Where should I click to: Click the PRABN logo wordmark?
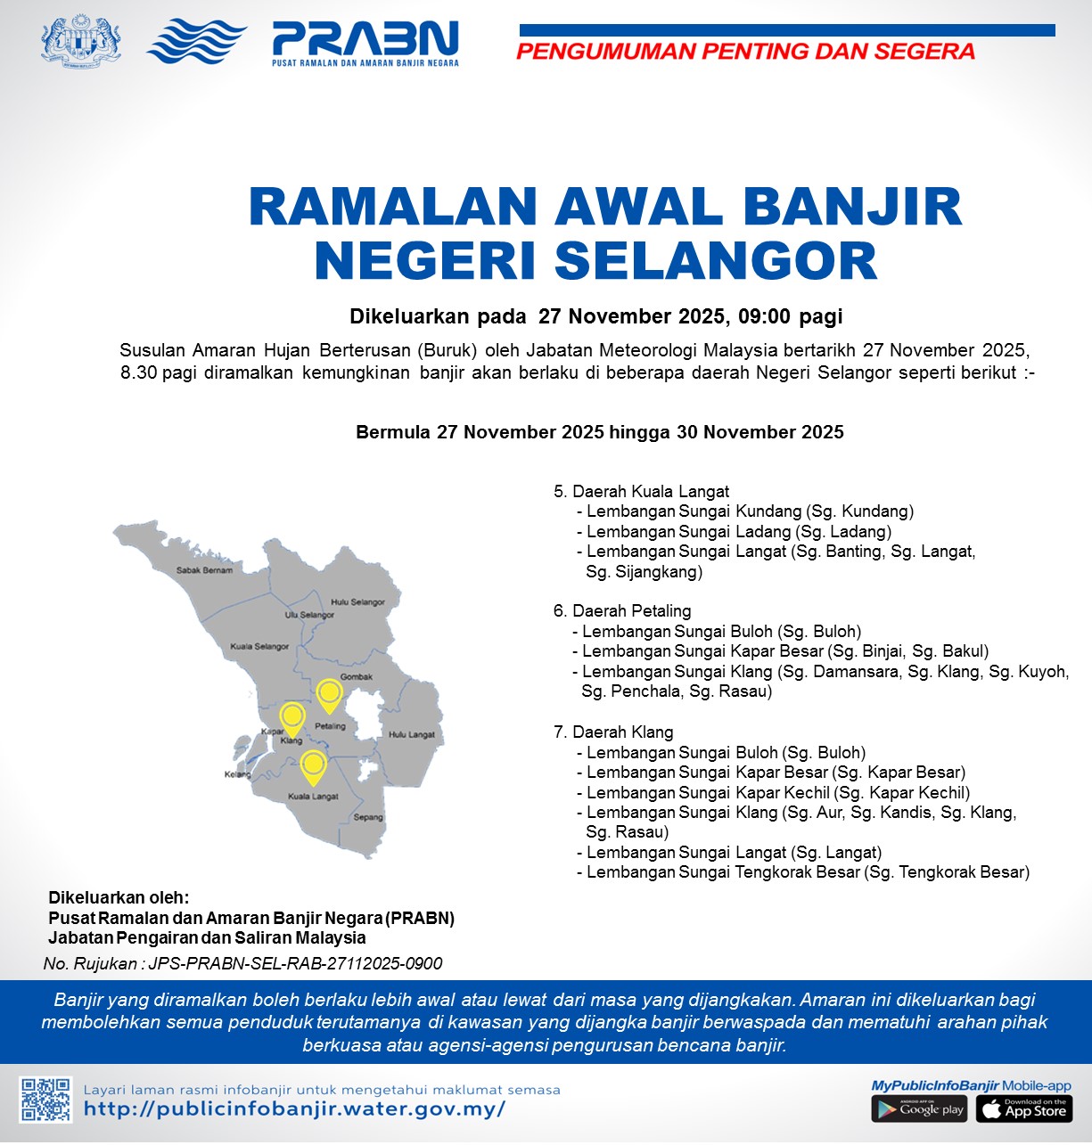coord(365,40)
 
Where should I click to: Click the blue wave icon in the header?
coord(196,41)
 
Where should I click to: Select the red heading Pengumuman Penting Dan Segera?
coord(745,52)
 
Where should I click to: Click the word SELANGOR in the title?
coord(716,260)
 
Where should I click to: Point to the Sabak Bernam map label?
coord(204,570)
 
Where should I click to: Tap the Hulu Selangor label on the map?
coord(357,602)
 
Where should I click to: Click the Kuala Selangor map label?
coord(259,646)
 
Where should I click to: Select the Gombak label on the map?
coord(357,677)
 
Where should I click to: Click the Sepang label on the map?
coord(368,817)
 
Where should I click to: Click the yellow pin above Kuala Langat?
coord(312,765)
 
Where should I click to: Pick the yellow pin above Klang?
coord(292,717)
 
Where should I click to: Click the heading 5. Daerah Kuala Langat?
coord(641,491)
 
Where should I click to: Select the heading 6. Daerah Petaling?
coord(622,611)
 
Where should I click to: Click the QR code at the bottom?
coord(46,1100)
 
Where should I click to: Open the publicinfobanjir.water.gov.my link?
coord(294,1109)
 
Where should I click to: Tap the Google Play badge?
coord(919,1109)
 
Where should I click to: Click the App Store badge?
coord(1024,1109)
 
